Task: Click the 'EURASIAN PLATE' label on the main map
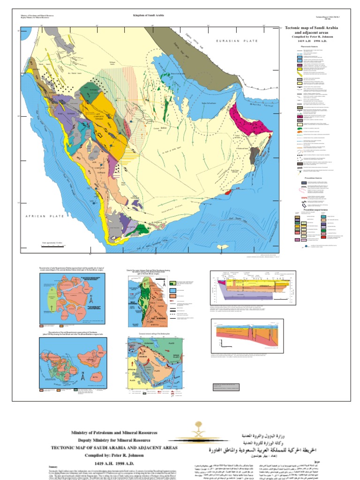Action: [237, 41]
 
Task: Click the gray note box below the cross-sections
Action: [226, 387]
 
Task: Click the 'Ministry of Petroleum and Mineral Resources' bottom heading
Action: [114, 433]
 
